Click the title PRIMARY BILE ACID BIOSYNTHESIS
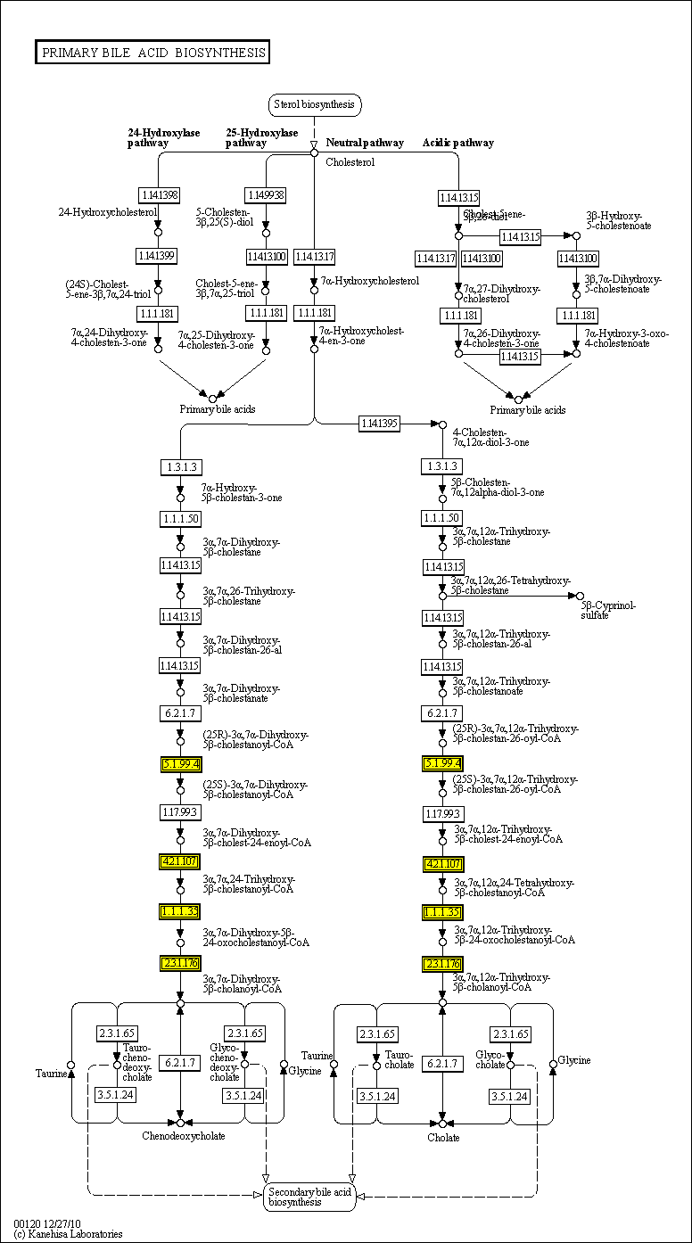click(x=152, y=53)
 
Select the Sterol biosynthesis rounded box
click(x=315, y=104)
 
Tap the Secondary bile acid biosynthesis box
click(x=309, y=1197)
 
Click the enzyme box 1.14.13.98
click(x=159, y=194)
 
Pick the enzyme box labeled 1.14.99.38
click(x=266, y=194)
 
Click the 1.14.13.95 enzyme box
click(x=380, y=424)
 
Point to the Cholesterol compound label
click(x=350, y=162)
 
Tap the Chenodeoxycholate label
click(x=184, y=1136)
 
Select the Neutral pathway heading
click(x=364, y=143)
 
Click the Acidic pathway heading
click(x=457, y=143)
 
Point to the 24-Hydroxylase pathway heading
click(x=164, y=137)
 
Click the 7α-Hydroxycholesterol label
click(x=370, y=281)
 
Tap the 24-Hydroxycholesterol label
click(x=106, y=212)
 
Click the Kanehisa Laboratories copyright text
click(x=68, y=1234)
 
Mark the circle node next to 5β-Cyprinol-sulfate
click(x=580, y=596)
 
